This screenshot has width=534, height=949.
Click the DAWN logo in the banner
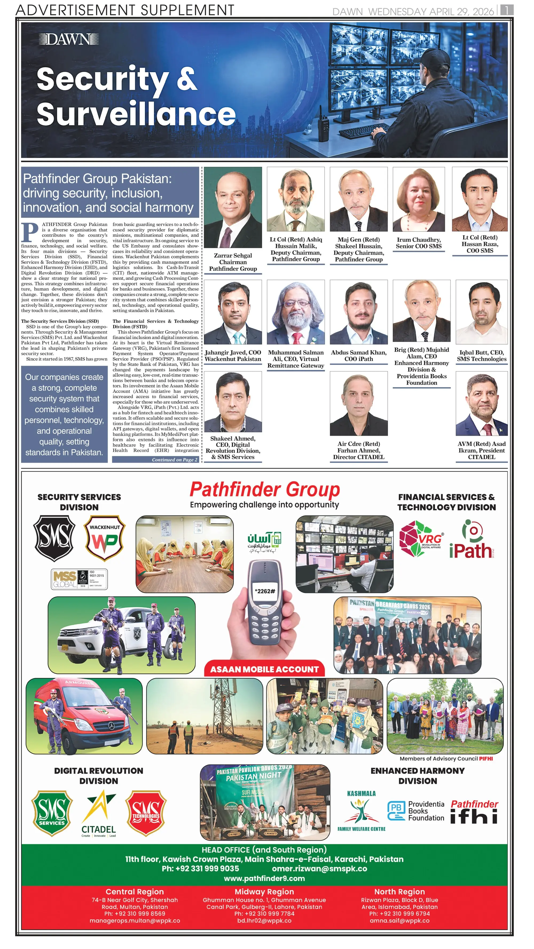pos(69,39)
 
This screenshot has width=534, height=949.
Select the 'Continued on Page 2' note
pos(155,459)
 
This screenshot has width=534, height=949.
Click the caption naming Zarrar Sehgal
pos(233,262)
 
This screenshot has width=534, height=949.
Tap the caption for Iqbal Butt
pos(482,356)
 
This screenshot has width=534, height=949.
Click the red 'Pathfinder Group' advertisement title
pos(265,490)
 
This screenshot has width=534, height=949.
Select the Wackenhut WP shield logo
pos(105,538)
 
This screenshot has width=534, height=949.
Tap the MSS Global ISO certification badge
pos(79,579)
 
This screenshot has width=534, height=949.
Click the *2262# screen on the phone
pos(265,591)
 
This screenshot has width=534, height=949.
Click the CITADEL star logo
pos(99,814)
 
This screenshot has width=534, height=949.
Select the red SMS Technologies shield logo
pos(146,813)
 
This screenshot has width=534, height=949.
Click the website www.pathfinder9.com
pos(264,878)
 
